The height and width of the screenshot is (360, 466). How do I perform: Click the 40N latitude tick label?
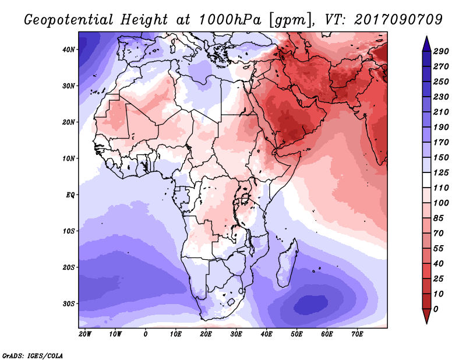click(69, 50)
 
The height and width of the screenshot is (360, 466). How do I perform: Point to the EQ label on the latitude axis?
click(70, 195)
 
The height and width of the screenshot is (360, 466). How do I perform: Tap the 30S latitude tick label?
click(69, 303)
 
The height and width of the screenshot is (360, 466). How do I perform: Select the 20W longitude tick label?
click(85, 334)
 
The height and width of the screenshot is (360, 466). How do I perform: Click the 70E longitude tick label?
click(357, 334)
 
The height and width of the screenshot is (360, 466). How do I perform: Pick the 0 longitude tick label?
click(145, 334)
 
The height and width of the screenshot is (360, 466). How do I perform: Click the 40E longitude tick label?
click(266, 334)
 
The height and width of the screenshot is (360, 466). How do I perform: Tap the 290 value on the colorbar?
click(441, 51)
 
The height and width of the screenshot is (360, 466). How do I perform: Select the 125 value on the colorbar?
click(441, 172)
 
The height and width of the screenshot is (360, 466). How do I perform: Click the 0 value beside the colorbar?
click(436, 309)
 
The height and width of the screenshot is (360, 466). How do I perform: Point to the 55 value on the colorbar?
click(439, 249)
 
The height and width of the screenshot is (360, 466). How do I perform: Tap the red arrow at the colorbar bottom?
click(426, 316)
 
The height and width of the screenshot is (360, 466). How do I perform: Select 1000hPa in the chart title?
click(230, 20)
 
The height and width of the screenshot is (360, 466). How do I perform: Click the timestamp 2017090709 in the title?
click(398, 20)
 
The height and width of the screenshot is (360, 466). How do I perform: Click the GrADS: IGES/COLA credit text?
click(33, 356)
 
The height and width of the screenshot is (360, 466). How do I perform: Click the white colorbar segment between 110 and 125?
click(426, 180)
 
